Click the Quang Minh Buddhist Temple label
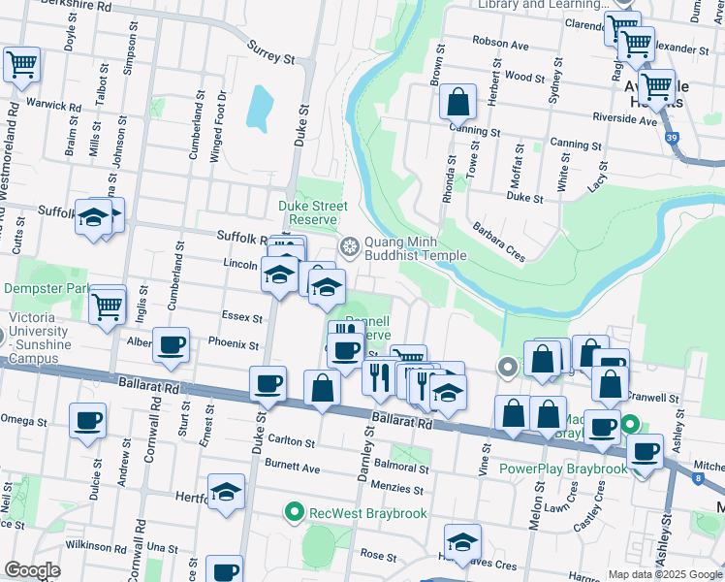click(x=415, y=249)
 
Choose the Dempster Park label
click(x=46, y=289)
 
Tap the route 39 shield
click(x=672, y=139)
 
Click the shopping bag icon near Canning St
click(x=457, y=100)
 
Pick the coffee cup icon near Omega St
click(x=87, y=420)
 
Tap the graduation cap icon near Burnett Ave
click(x=226, y=491)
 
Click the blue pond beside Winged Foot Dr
click(x=259, y=109)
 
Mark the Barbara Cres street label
click(x=499, y=238)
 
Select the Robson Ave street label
click(x=500, y=43)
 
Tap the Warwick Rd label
click(x=53, y=105)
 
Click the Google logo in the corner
click(x=32, y=570)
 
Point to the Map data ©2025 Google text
click(x=663, y=574)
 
